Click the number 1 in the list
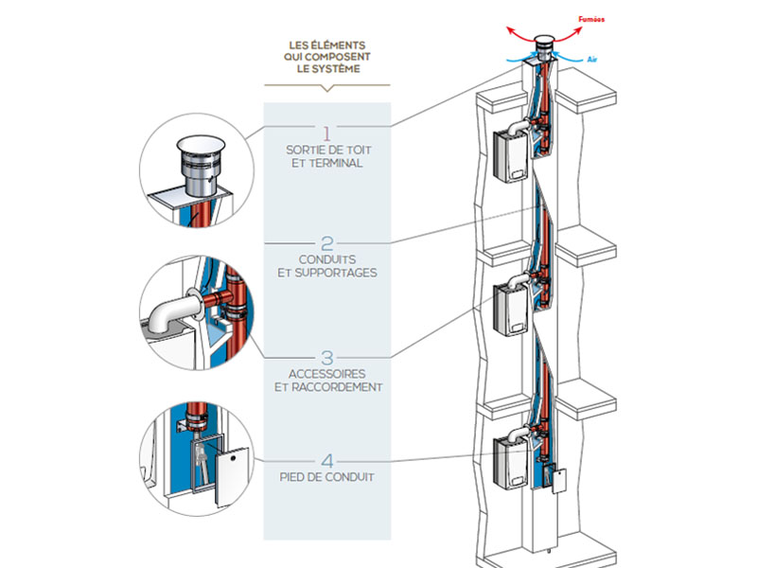[x=326, y=131]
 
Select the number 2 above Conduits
[x=326, y=243]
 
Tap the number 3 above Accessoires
[x=326, y=358]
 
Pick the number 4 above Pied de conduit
[x=326, y=460]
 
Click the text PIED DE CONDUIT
[x=326, y=477]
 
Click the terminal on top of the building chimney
[x=545, y=48]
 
